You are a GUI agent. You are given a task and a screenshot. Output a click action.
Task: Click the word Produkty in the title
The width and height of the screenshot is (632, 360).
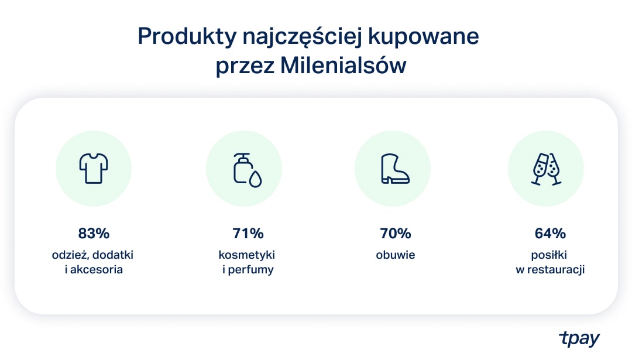(x=187, y=37)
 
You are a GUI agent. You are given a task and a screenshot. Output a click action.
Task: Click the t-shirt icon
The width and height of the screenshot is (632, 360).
(x=94, y=168)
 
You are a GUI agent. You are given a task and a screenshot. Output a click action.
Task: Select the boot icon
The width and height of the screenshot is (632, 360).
(x=395, y=169)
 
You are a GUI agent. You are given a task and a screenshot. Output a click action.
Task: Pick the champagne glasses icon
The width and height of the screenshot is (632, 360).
(x=546, y=169)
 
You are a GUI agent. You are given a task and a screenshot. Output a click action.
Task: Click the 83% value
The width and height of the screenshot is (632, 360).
(x=94, y=234)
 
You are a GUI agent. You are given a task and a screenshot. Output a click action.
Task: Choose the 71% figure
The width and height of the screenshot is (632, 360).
(x=248, y=234)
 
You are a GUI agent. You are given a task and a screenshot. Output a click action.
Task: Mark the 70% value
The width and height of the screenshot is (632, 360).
(x=396, y=234)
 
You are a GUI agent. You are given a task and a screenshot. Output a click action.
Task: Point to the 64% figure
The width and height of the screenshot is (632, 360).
(x=550, y=234)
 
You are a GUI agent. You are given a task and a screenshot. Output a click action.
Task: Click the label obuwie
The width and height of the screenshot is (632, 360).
(x=396, y=255)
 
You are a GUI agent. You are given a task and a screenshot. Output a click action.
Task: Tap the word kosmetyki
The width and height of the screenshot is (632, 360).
(x=247, y=255)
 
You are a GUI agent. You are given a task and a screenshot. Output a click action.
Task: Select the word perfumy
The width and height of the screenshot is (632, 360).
(x=250, y=270)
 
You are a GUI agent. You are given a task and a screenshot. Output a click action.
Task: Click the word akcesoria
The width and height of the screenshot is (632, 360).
(x=97, y=269)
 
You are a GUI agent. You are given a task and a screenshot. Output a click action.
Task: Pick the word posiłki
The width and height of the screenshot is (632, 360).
(x=549, y=255)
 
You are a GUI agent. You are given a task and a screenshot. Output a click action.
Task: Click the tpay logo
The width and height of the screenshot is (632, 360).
(x=579, y=338)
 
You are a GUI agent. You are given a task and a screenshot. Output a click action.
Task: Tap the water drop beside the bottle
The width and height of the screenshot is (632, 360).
(x=255, y=179)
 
